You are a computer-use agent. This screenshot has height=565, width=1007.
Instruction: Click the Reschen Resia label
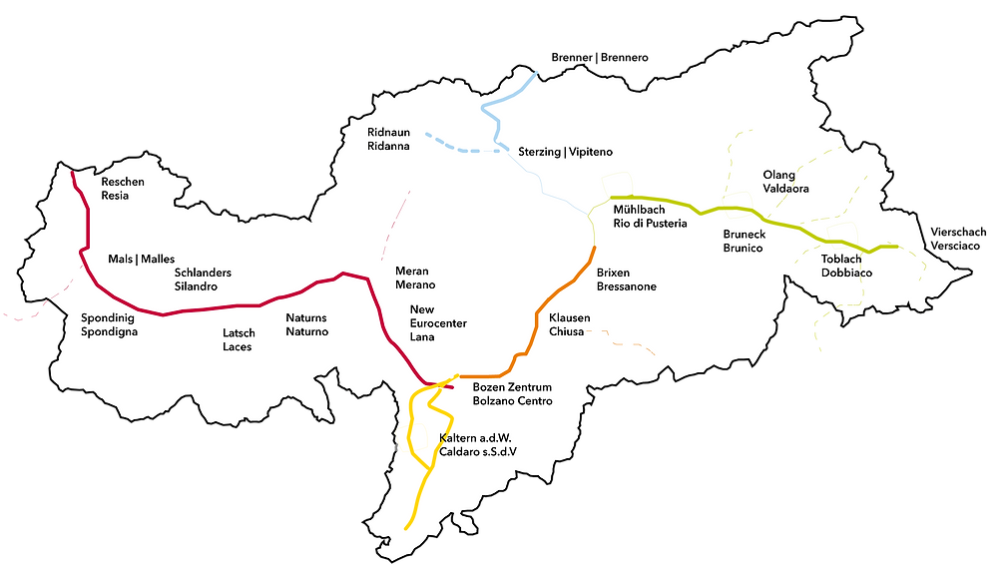[x=123, y=189]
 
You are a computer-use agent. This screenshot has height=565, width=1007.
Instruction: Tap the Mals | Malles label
[x=141, y=260]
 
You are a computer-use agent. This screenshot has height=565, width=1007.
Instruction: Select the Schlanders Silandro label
[x=203, y=280]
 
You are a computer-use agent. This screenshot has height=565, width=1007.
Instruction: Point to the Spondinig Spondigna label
[x=109, y=324]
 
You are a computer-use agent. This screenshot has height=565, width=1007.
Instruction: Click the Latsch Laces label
[x=239, y=340]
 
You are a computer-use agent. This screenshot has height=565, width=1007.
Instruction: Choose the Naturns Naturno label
[x=306, y=324]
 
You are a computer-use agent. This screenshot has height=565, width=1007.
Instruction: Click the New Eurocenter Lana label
[x=438, y=323]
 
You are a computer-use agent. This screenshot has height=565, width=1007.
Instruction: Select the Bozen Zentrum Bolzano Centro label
[x=512, y=394]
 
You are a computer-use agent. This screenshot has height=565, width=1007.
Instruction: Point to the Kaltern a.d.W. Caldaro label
[x=478, y=445]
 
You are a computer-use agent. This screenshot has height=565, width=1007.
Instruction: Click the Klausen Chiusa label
[x=569, y=324]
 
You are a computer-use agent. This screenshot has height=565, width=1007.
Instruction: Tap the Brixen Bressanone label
[x=626, y=280]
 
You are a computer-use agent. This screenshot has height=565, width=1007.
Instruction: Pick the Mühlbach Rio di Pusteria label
[x=650, y=217]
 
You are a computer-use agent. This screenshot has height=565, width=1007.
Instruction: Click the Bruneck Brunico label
[x=744, y=241]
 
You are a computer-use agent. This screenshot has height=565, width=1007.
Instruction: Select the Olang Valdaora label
[x=785, y=182]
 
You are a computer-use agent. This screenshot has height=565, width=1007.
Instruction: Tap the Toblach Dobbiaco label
[x=846, y=266]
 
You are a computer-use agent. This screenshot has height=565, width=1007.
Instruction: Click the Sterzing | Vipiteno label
[x=565, y=152]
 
